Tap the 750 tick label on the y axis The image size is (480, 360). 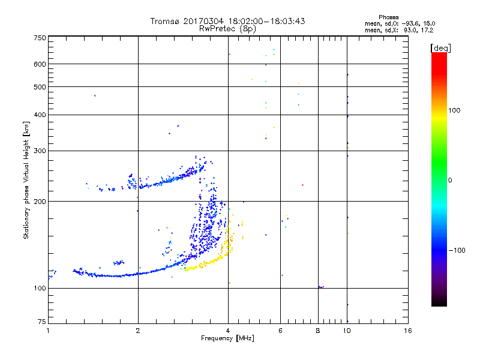[x=40, y=37]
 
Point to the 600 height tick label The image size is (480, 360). [x=40, y=64]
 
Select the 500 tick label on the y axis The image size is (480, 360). [x=40, y=87]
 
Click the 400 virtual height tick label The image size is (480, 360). [x=40, y=115]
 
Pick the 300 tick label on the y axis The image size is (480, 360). [x=40, y=151]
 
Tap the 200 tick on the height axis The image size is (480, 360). [x=40, y=202]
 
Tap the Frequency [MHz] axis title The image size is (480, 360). [x=227, y=339]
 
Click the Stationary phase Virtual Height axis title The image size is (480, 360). [x=26, y=180]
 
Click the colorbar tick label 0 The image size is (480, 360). [x=450, y=180]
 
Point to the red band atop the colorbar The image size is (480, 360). [x=439, y=57]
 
